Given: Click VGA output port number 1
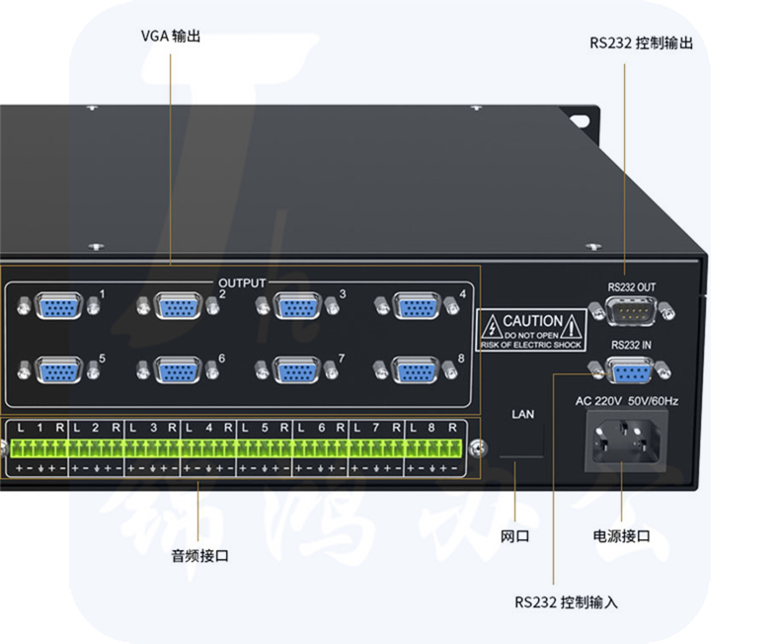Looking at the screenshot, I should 59,306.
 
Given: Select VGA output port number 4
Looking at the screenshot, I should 416,306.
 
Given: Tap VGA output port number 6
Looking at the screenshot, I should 178,370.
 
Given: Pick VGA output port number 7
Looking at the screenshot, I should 296,370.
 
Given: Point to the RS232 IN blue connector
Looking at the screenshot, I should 631,372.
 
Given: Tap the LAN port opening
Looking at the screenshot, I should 521,443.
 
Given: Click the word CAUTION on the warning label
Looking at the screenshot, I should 532,321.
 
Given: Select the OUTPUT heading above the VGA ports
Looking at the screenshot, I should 242,283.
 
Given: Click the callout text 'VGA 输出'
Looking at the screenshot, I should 171,36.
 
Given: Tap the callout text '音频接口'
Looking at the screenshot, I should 200,557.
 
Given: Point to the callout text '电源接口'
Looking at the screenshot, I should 621,536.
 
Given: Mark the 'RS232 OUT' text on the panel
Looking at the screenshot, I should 632,287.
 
